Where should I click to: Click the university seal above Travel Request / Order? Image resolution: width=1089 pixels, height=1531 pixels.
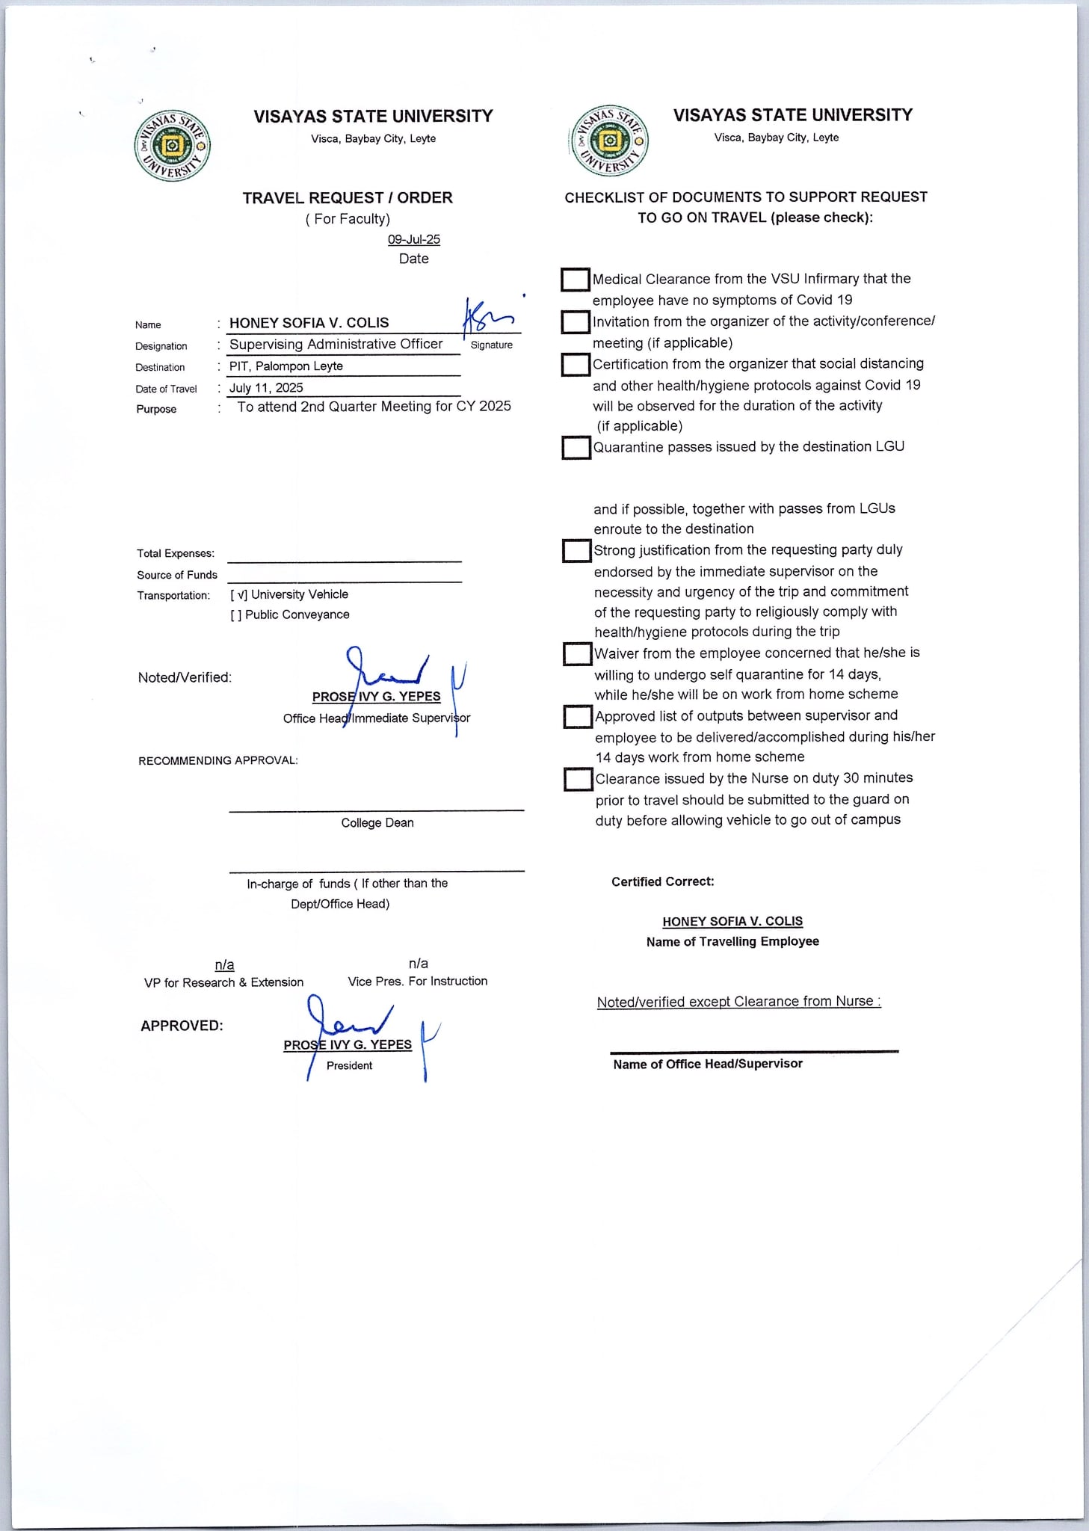(x=172, y=145)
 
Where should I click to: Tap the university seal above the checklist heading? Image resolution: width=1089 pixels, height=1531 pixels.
(x=609, y=141)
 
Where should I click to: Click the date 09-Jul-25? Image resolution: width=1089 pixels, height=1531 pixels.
(x=413, y=239)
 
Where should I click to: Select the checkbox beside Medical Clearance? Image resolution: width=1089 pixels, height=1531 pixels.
(x=575, y=280)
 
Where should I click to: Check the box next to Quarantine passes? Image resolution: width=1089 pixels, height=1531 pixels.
(x=576, y=448)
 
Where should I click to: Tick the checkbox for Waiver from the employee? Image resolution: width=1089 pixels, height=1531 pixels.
(x=577, y=654)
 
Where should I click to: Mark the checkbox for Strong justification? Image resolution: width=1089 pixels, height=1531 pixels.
(x=576, y=551)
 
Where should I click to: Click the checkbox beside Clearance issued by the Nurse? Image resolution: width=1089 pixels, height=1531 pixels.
(x=578, y=780)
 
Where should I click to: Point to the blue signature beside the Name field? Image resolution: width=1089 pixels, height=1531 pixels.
(x=486, y=315)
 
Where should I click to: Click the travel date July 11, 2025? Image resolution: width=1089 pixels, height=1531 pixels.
(x=266, y=387)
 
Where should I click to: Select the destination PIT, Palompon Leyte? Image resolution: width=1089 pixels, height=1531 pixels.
(x=286, y=366)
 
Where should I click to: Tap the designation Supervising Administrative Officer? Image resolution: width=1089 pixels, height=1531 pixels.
(x=336, y=344)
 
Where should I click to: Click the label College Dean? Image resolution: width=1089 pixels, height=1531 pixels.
(x=377, y=822)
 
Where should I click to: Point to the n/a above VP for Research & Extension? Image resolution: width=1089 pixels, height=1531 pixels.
(x=224, y=964)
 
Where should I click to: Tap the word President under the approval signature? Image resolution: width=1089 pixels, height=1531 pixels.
(x=349, y=1065)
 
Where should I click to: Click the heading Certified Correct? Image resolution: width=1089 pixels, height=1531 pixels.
(x=662, y=881)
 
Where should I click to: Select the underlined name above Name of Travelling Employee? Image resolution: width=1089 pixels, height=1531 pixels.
(x=732, y=921)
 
